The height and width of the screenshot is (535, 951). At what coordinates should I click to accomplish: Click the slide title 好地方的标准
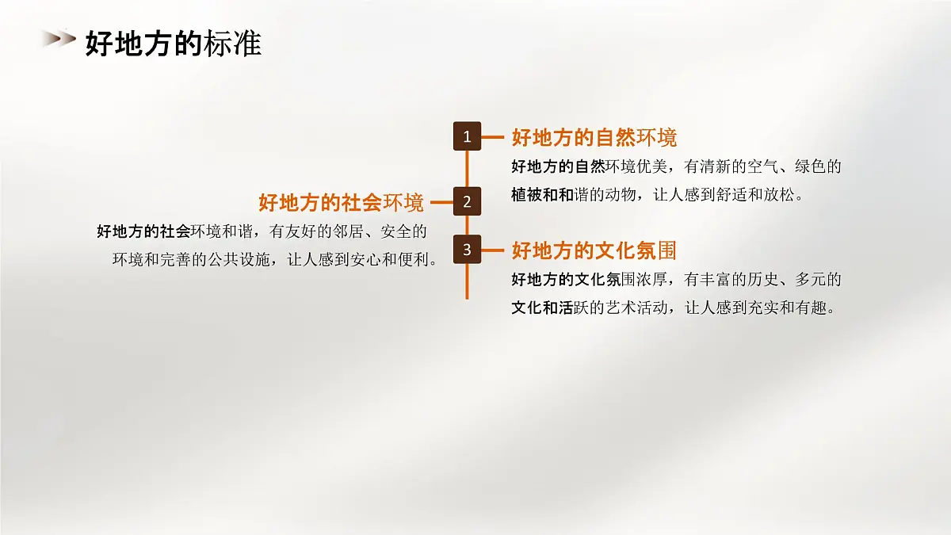pyautogui.click(x=173, y=44)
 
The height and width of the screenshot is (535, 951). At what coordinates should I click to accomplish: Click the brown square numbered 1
pyautogui.click(x=467, y=137)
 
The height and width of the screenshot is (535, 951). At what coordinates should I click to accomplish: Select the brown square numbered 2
pyautogui.click(x=467, y=202)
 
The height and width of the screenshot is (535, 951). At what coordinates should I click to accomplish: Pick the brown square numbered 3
pyautogui.click(x=467, y=250)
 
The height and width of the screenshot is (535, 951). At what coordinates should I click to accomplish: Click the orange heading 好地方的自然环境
pyautogui.click(x=594, y=138)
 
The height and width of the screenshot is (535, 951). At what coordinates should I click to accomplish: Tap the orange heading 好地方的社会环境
pyautogui.click(x=341, y=203)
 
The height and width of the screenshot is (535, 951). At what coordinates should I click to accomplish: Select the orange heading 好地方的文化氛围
pyautogui.click(x=594, y=251)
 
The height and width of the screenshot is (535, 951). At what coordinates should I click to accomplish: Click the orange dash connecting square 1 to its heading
pyautogui.click(x=493, y=137)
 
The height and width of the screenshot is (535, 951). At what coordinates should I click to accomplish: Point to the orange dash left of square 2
pyautogui.click(x=441, y=202)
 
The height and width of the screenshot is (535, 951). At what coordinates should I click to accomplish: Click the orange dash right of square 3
pyautogui.click(x=493, y=250)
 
